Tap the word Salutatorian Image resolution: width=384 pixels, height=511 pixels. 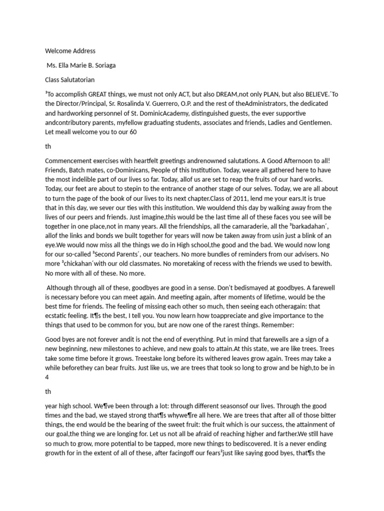pos(79,80)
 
